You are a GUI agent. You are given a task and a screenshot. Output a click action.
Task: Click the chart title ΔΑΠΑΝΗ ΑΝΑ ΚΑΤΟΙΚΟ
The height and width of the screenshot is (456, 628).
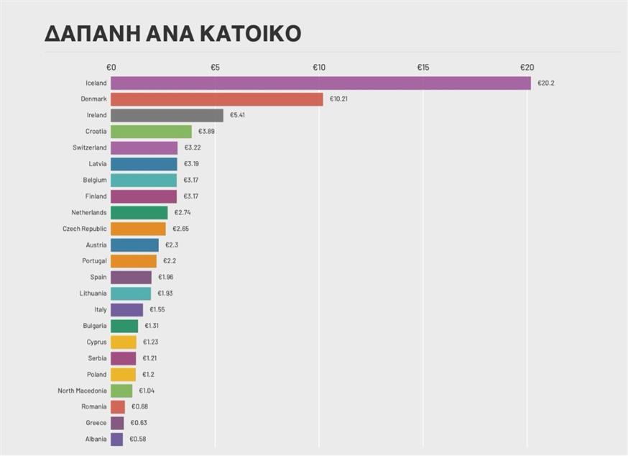click(x=172, y=34)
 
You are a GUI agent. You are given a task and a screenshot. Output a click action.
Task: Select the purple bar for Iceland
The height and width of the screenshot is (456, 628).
click(x=320, y=83)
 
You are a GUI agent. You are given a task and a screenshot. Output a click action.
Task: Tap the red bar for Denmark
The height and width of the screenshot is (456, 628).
click(x=217, y=99)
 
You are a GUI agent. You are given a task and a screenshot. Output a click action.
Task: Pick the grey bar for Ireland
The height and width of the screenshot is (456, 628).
click(x=167, y=115)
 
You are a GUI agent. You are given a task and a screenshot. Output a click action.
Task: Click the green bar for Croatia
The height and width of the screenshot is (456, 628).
click(x=151, y=132)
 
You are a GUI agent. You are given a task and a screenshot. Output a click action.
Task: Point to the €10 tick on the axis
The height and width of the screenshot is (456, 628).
click(x=319, y=68)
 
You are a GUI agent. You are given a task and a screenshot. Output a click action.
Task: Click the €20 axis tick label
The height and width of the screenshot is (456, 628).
click(x=527, y=68)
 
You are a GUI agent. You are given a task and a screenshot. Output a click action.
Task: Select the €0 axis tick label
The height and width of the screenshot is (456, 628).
click(x=111, y=68)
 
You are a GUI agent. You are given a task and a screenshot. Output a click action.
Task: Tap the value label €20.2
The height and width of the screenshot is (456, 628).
click(x=546, y=83)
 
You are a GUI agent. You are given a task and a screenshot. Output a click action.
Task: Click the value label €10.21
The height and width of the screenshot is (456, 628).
click(x=338, y=99)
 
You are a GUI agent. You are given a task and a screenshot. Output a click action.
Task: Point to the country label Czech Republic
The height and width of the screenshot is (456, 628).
click(x=84, y=229)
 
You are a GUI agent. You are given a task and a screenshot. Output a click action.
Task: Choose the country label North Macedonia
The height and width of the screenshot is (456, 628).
click(x=82, y=391)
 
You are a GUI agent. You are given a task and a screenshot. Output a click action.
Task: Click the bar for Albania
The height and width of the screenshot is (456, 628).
click(x=116, y=439)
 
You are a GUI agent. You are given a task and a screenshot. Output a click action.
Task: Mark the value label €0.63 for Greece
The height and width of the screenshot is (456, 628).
click(x=139, y=423)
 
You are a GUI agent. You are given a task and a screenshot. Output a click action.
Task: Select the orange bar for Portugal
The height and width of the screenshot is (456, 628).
click(x=134, y=261)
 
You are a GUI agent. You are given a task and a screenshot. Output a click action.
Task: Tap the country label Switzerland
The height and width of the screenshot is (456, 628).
click(x=89, y=147)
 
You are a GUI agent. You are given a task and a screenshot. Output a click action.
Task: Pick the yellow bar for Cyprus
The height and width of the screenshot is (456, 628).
click(x=124, y=342)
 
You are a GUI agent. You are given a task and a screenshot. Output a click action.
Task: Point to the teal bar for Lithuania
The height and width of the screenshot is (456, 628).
click(x=131, y=293)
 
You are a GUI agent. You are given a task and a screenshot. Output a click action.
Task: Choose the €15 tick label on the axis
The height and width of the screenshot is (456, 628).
click(x=423, y=68)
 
